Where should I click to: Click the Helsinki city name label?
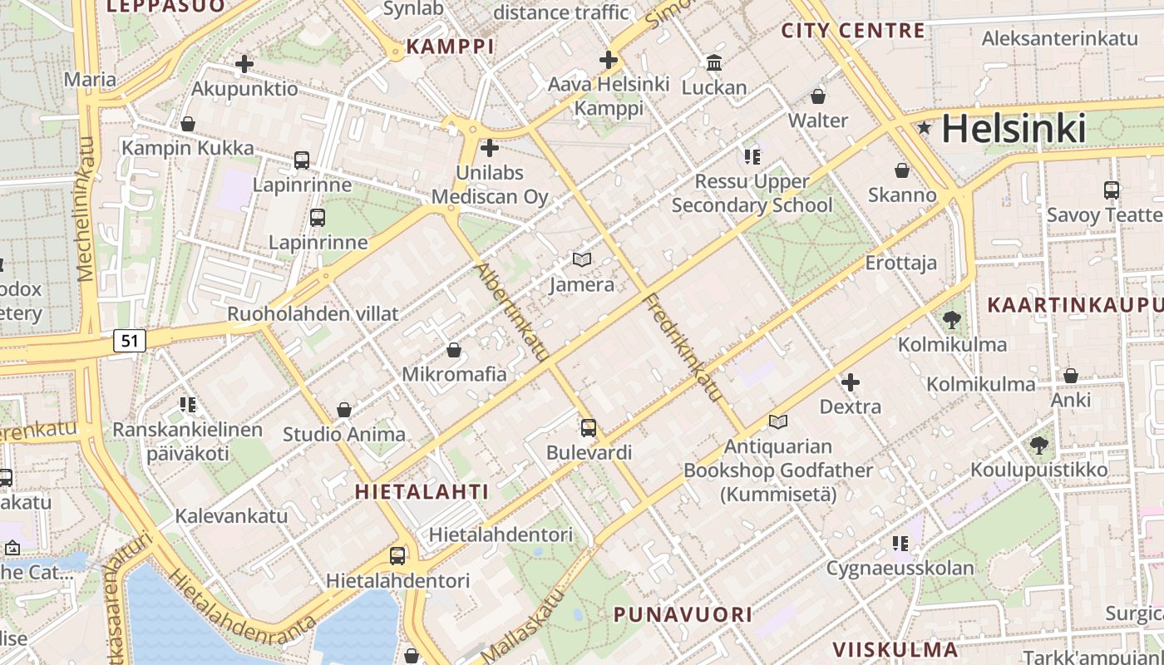coord(1014,129)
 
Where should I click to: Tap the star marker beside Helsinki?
coord(924,128)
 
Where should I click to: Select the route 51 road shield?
coord(130,340)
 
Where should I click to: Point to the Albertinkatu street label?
coord(512,312)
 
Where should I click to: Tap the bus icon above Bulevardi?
coord(589,428)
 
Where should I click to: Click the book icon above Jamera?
coord(582,260)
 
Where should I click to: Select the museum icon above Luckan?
coord(714,63)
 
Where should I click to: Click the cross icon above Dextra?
coord(850,382)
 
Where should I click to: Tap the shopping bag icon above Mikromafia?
coord(454,350)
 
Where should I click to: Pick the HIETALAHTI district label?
coord(422,491)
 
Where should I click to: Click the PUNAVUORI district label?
coord(683,615)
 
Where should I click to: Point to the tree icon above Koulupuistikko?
coord(1038,446)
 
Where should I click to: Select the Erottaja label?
coord(901,263)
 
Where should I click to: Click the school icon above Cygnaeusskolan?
coord(900,544)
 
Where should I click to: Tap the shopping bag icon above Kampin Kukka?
coord(188,124)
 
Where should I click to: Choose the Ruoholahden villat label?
coord(313,314)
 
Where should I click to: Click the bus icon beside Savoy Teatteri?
coord(1112,190)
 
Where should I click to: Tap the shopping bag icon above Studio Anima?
coord(344,410)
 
